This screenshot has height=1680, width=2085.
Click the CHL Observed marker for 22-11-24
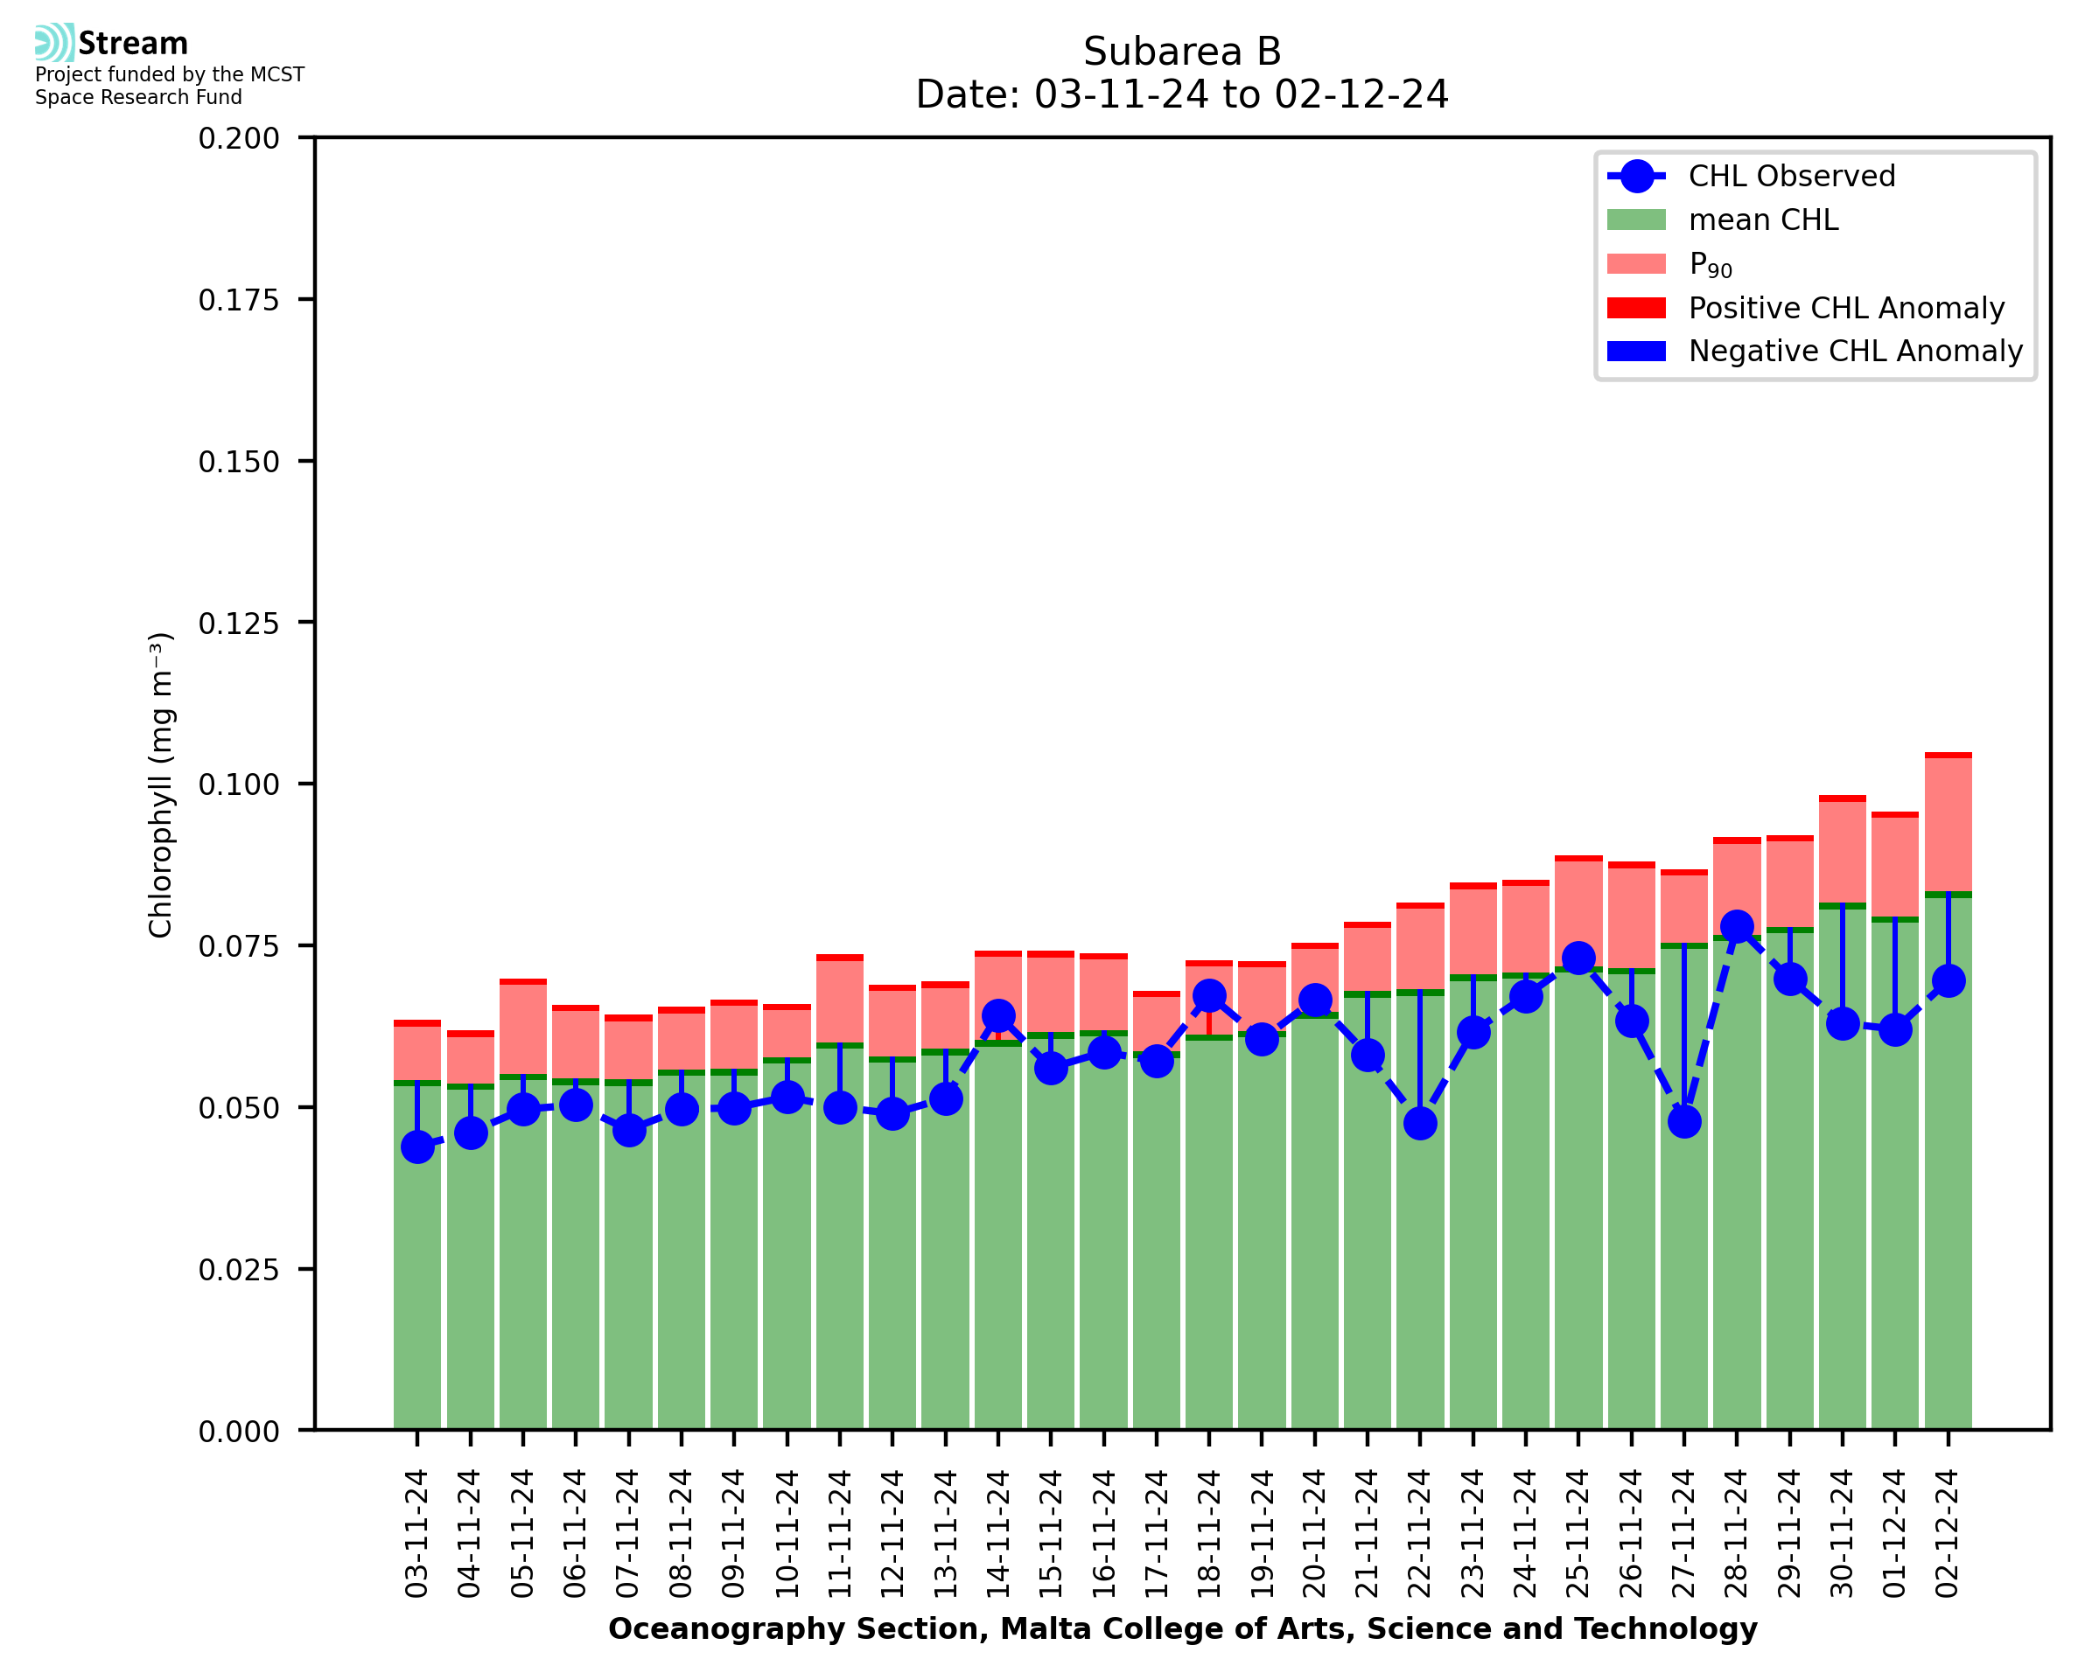pos(1419,1124)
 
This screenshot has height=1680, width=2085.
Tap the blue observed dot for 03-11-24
pos(417,1147)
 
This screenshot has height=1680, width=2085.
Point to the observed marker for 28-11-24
pos(1737,926)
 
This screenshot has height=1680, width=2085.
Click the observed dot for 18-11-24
pos(1209,996)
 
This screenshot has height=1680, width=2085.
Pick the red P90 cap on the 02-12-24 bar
pos(1948,755)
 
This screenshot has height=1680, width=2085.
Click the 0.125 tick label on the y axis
pos(238,624)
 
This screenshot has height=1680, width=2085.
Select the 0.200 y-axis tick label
pos(238,138)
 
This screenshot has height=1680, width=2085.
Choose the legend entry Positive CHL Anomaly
pos(1846,308)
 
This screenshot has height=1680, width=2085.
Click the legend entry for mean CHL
pos(1763,220)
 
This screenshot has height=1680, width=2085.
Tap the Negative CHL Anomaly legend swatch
pos(1636,352)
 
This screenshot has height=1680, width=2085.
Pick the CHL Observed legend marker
pos(1636,176)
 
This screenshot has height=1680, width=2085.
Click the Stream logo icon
pos(54,43)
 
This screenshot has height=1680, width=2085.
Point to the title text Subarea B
pos(1181,52)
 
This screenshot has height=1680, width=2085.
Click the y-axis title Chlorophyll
pos(161,784)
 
